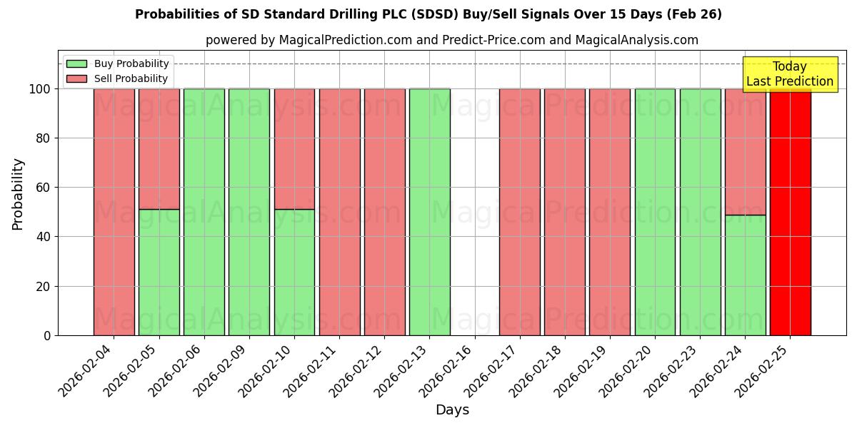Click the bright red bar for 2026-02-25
(x=790, y=214)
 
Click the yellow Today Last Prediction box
(x=789, y=74)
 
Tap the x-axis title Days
(x=452, y=410)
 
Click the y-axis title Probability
(x=18, y=193)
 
